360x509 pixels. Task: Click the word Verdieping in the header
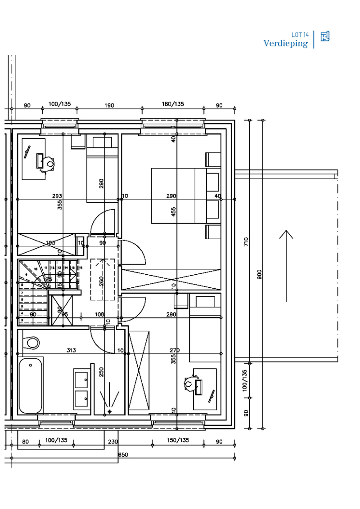tap(286, 44)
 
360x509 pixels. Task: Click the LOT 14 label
tap(300, 35)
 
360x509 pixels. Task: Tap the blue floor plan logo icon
tap(325, 36)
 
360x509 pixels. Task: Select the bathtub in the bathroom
tap(31, 385)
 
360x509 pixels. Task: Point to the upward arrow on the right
tap(286, 265)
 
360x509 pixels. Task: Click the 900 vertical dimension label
tap(260, 275)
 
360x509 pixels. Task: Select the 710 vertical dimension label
tap(246, 242)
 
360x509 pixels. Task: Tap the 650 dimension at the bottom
tap(123, 455)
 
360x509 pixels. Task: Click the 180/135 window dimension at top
tap(173, 104)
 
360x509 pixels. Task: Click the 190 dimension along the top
tap(109, 106)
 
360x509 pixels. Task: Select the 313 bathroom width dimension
tap(71, 350)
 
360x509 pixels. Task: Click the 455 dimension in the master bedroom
tap(174, 212)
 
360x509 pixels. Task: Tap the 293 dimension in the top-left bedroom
tap(57, 196)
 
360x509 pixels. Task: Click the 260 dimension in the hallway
tap(102, 281)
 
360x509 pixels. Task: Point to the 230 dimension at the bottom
tap(113, 442)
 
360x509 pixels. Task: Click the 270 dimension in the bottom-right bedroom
tap(175, 350)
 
